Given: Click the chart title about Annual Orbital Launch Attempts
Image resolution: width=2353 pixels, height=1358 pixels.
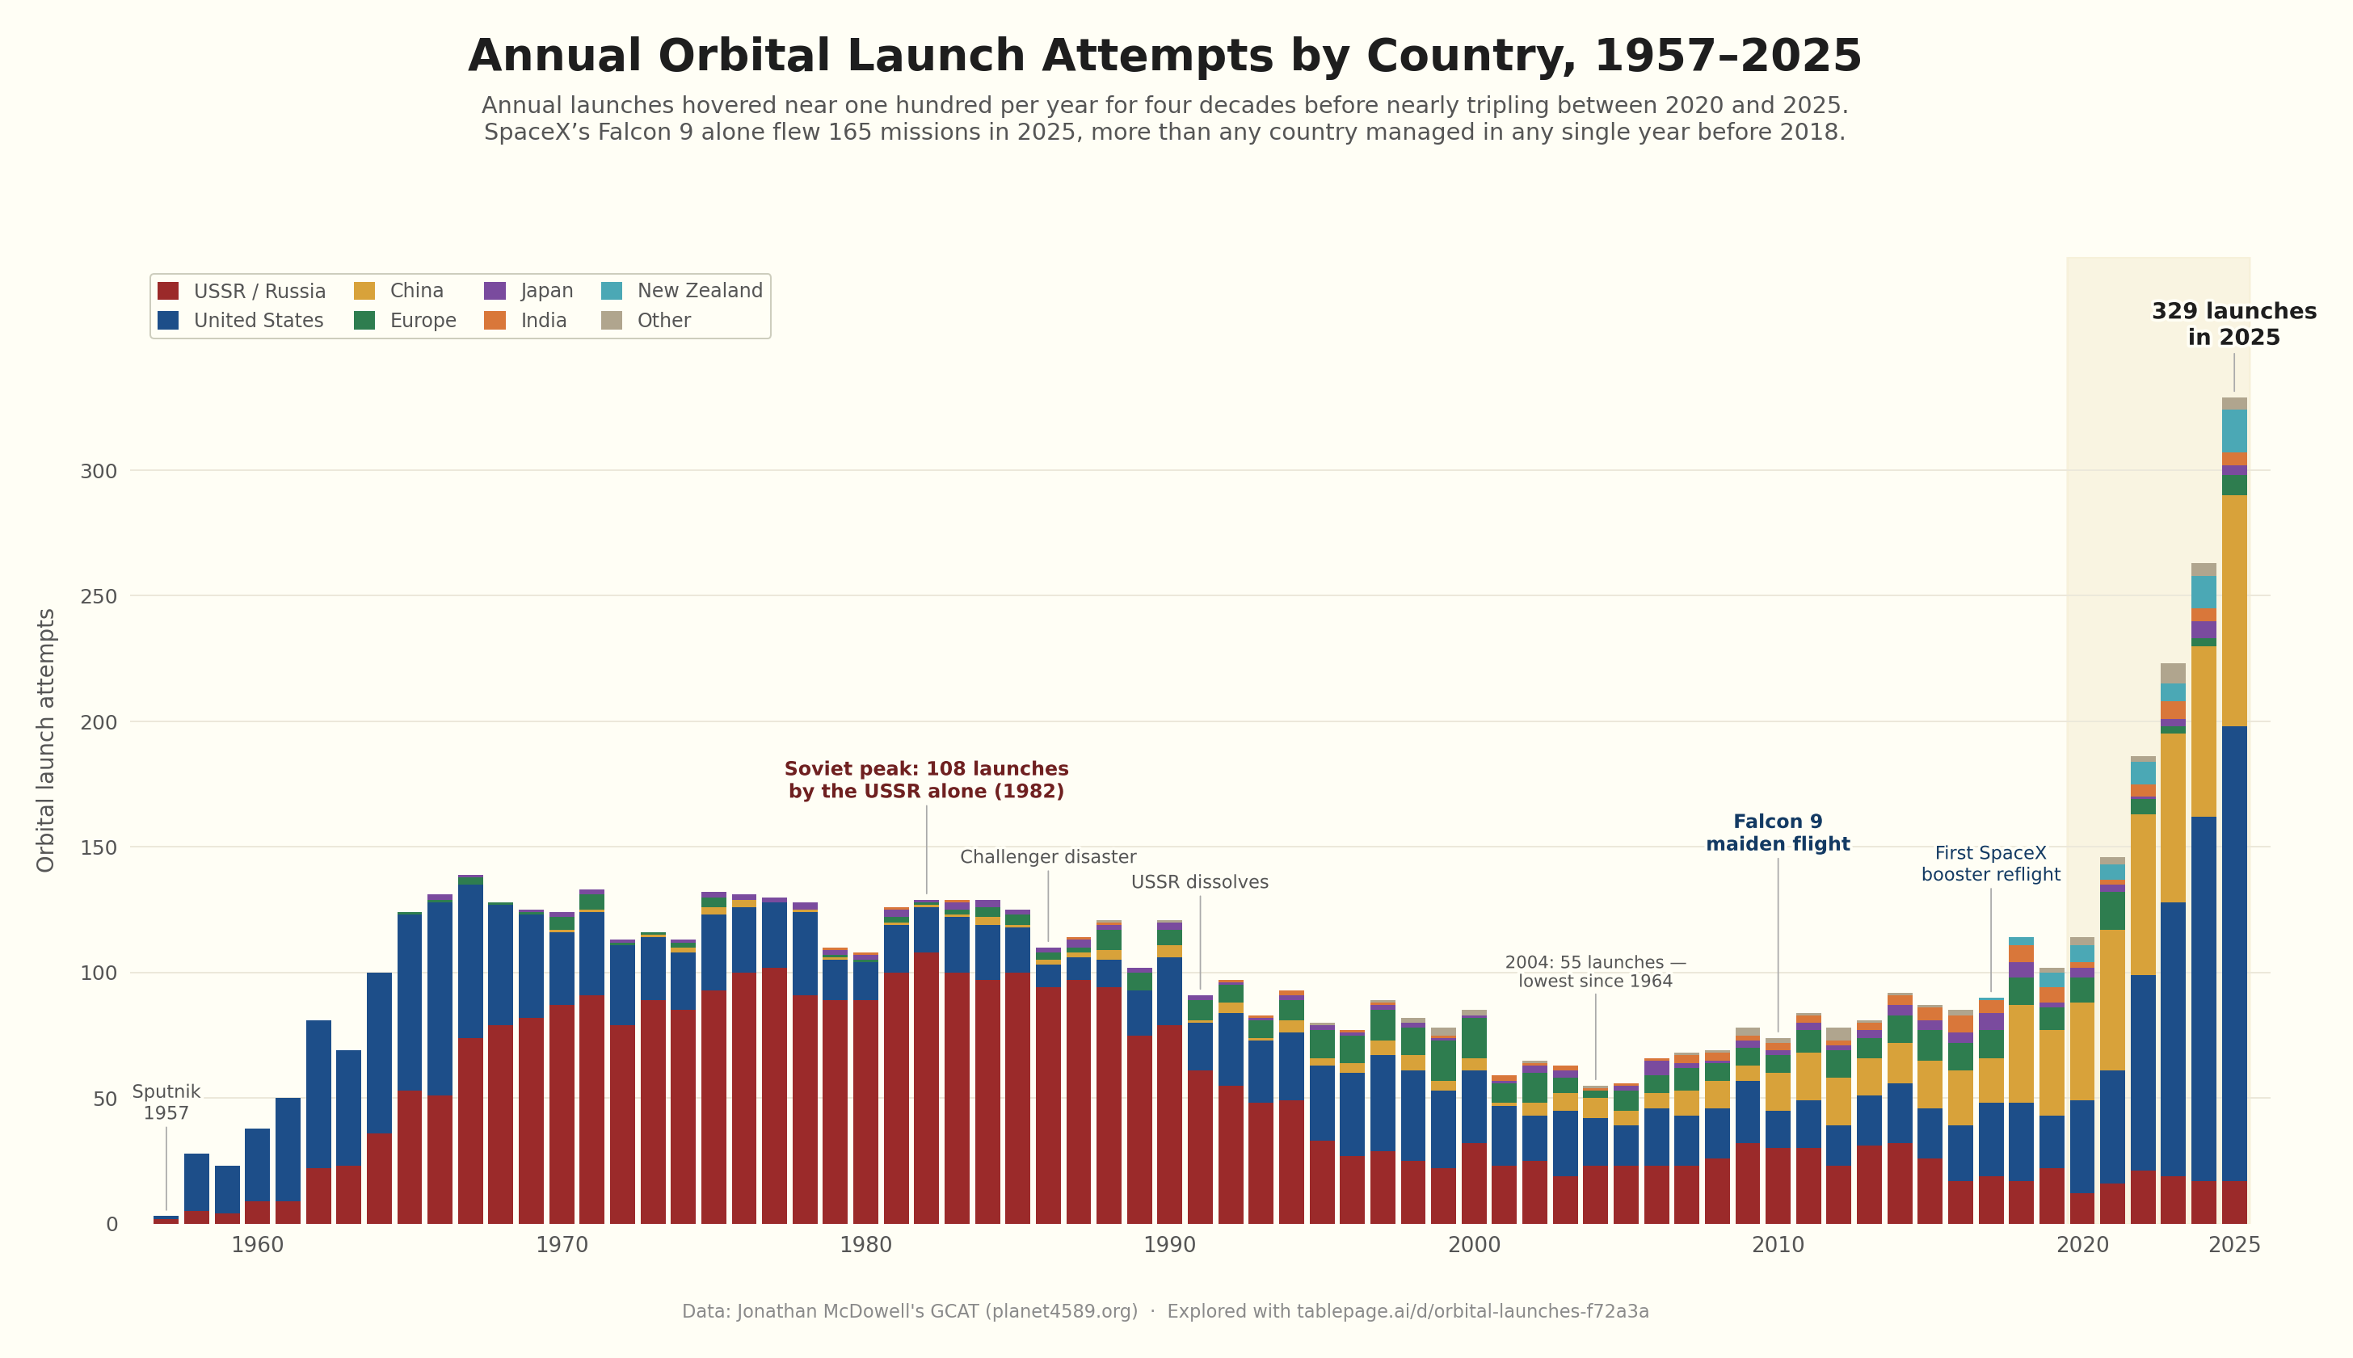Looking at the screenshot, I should tap(1164, 57).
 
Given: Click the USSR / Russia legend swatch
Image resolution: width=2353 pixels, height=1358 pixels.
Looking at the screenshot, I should tap(168, 291).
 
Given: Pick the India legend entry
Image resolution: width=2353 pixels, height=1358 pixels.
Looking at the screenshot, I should tap(543, 321).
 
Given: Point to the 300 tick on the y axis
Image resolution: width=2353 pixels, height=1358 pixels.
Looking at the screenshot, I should tap(99, 471).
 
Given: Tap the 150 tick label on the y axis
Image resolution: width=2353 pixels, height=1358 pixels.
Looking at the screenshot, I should tap(99, 847).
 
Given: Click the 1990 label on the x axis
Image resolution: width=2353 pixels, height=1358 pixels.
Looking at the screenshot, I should tap(1169, 1245).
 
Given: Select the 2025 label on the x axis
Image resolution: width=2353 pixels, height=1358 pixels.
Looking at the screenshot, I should tap(2233, 1245).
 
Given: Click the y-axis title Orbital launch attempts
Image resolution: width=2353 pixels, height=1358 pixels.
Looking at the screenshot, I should tap(46, 740).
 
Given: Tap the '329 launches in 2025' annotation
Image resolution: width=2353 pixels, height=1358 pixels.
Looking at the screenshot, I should tap(2233, 325).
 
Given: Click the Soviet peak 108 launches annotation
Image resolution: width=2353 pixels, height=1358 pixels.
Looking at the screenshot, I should tap(926, 780).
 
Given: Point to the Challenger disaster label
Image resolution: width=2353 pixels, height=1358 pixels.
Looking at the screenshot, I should tap(1047, 857).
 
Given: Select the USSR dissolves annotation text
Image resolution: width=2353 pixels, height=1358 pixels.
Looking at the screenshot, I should tap(1199, 882).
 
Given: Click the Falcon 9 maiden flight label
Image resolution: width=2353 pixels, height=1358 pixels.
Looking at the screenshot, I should tap(1778, 833).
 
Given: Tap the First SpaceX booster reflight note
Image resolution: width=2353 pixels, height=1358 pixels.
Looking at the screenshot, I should tap(1990, 864).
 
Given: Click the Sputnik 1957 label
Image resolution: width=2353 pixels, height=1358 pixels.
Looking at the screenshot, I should tap(166, 1103).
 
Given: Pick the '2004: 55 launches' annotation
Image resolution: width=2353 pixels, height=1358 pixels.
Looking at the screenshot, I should tap(1595, 972).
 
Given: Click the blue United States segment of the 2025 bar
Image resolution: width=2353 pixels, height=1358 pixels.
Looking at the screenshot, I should tap(2233, 952).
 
